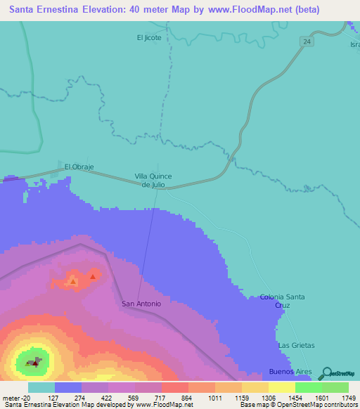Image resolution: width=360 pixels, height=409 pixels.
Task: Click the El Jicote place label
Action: pyautogui.click(x=153, y=37)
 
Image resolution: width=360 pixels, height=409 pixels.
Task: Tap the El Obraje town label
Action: pyautogui.click(x=79, y=167)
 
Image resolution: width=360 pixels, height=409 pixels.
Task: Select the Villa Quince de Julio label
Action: pyautogui.click(x=153, y=180)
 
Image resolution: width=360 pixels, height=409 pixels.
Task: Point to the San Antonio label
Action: pyautogui.click(x=141, y=304)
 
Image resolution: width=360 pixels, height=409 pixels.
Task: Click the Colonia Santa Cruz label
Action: pyautogui.click(x=282, y=301)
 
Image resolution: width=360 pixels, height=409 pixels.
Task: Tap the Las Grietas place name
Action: pyautogui.click(x=296, y=345)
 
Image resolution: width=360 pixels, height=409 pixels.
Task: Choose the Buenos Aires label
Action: pyautogui.click(x=290, y=370)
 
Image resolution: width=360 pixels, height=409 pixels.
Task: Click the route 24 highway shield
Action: pyautogui.click(x=308, y=42)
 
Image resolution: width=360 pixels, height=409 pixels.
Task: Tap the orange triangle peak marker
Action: pyautogui.click(x=72, y=281)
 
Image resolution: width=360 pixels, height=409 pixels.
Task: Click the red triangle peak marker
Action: pyautogui.click(x=92, y=276)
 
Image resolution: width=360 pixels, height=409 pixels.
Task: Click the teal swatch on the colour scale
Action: pyautogui.click(x=41, y=387)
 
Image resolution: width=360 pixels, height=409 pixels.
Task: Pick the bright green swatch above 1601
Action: pyautogui.click(x=308, y=387)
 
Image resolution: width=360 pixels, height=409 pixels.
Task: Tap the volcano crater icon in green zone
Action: pyautogui.click(x=33, y=363)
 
